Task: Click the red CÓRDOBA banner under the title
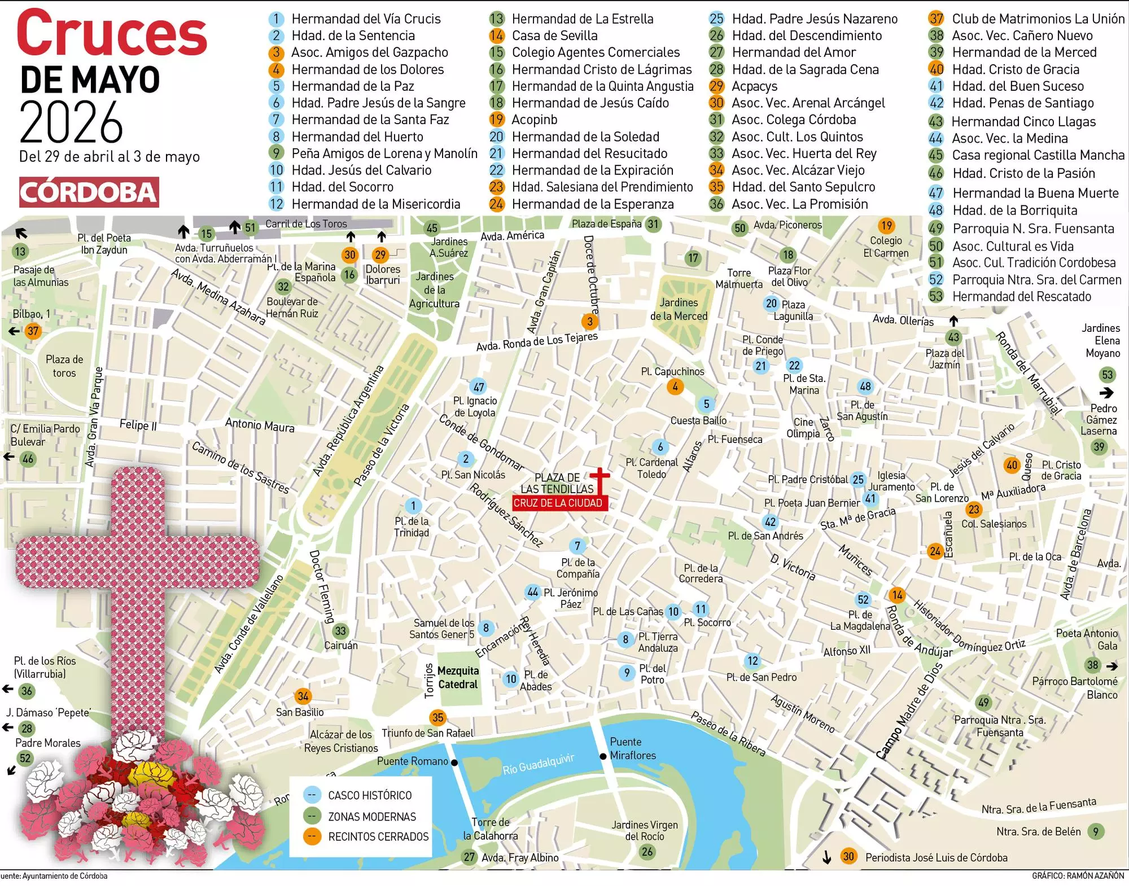click(x=89, y=192)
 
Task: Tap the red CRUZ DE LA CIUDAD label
click(x=558, y=503)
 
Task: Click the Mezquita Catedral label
click(x=458, y=677)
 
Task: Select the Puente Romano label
click(x=412, y=761)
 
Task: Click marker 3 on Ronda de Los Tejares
click(x=589, y=322)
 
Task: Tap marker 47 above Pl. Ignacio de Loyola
click(x=478, y=387)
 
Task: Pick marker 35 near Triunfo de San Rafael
click(x=437, y=718)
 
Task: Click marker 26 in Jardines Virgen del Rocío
click(x=647, y=852)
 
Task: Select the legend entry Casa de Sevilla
click(x=554, y=36)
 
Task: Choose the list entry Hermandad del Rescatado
click(x=1021, y=296)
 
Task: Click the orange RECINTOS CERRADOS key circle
click(x=312, y=836)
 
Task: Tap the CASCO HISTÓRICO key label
click(x=370, y=795)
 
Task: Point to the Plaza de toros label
click(x=64, y=366)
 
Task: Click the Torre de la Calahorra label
click(x=490, y=829)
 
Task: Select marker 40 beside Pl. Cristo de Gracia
click(x=1012, y=465)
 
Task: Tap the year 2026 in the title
click(x=71, y=122)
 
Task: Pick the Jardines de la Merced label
click(x=679, y=309)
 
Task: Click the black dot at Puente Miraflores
click(x=603, y=756)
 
